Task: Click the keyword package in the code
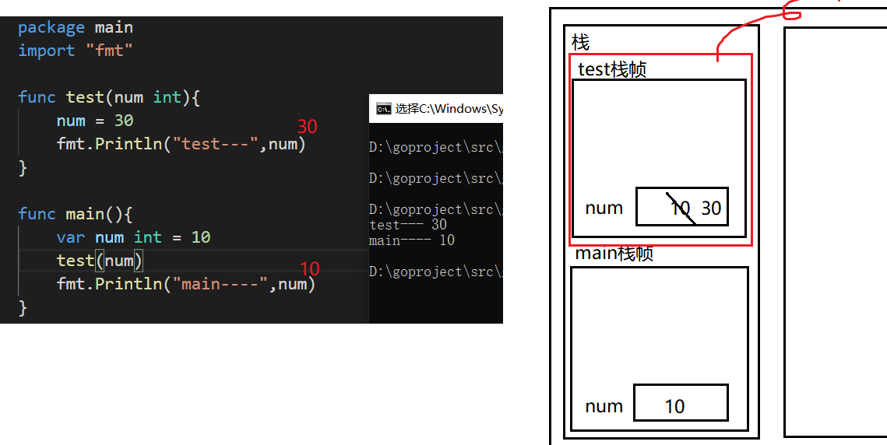pyautogui.click(x=51, y=27)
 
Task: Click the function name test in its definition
pyautogui.click(x=85, y=97)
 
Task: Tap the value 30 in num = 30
pyautogui.click(x=124, y=121)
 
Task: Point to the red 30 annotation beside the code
pyautogui.click(x=308, y=126)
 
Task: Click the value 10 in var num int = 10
pyautogui.click(x=201, y=237)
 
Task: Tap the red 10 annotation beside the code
pyautogui.click(x=310, y=269)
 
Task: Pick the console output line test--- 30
pyautogui.click(x=408, y=225)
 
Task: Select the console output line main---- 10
pyautogui.click(x=412, y=240)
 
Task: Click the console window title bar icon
pyautogui.click(x=383, y=109)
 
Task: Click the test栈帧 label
pyautogui.click(x=612, y=69)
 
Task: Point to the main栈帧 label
pyautogui.click(x=614, y=254)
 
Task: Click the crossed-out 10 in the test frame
pyautogui.click(x=680, y=208)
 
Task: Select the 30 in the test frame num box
pyautogui.click(x=711, y=208)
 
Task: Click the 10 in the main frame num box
pyautogui.click(x=674, y=406)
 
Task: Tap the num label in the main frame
pyautogui.click(x=604, y=406)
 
